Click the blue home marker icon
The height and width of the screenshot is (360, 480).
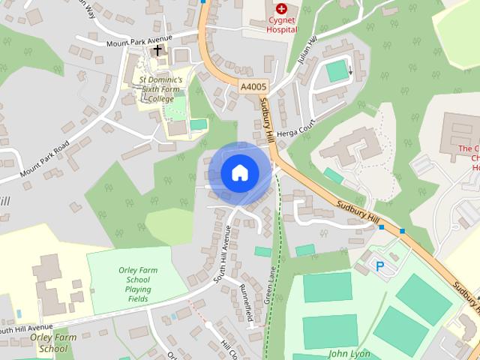coord(239,172)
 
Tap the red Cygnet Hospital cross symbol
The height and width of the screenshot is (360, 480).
coord(282,10)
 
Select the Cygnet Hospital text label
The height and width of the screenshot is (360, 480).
coord(282,25)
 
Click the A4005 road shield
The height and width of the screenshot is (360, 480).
coord(253,88)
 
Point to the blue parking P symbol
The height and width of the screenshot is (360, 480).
coord(379,265)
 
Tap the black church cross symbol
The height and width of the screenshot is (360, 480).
coord(157,50)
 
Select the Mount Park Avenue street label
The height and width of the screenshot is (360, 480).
coord(139,40)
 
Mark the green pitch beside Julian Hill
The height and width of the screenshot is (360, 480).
coord(337,71)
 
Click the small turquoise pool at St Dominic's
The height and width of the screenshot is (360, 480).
coord(198,124)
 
